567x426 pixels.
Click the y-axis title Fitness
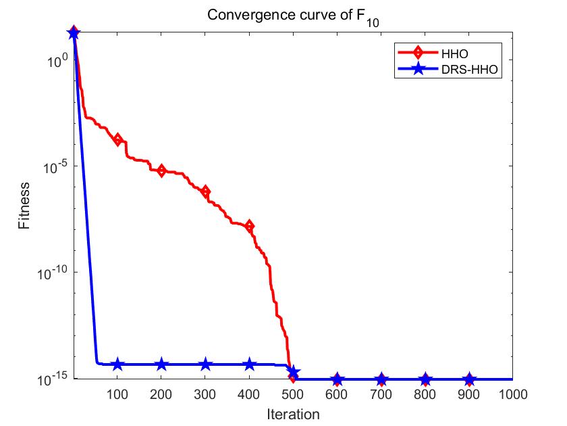(x=24, y=205)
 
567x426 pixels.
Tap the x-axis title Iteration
(x=292, y=413)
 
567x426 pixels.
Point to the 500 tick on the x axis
(x=293, y=393)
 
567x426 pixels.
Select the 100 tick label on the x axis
(x=117, y=393)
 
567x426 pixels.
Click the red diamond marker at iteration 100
(x=117, y=140)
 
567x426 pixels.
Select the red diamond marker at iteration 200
(x=161, y=170)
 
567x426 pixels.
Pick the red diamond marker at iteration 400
(x=249, y=226)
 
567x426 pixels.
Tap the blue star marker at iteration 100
(x=117, y=364)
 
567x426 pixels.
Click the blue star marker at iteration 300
(x=205, y=364)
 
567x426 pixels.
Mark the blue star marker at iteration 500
(x=293, y=373)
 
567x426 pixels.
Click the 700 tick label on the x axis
(x=381, y=393)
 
